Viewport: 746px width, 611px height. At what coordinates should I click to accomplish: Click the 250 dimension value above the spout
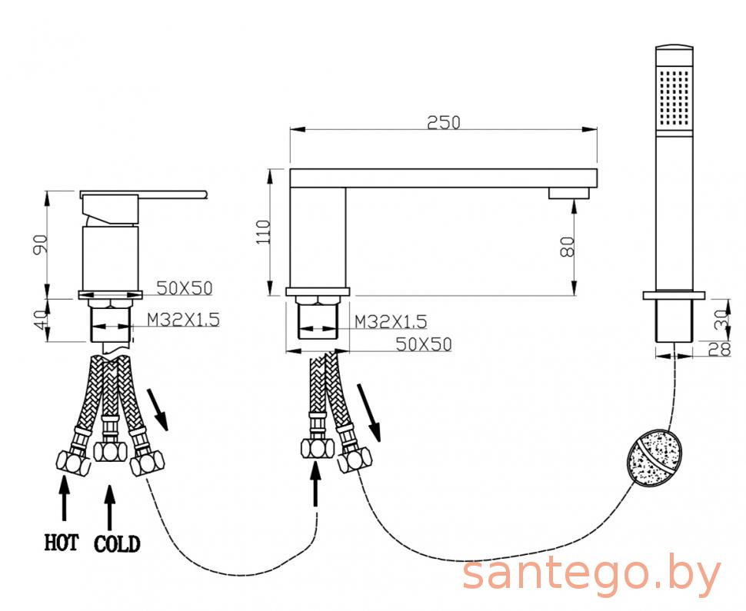tap(444, 123)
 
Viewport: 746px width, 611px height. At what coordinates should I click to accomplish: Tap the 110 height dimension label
tap(263, 232)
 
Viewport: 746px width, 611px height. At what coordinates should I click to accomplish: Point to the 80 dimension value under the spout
tap(568, 246)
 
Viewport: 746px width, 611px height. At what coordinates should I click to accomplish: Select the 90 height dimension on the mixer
tap(41, 244)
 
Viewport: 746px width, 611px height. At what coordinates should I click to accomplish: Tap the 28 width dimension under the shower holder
tap(719, 350)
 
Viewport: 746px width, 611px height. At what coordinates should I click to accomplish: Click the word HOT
tap(61, 543)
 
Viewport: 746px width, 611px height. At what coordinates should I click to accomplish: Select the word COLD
tap(117, 544)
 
